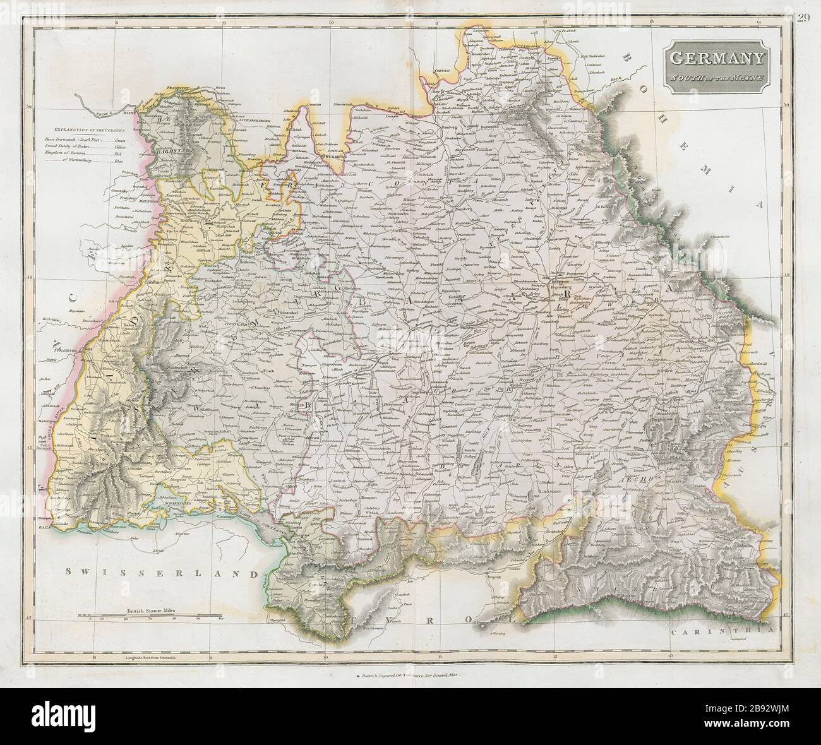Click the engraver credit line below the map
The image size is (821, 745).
pyautogui.click(x=410, y=674)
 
